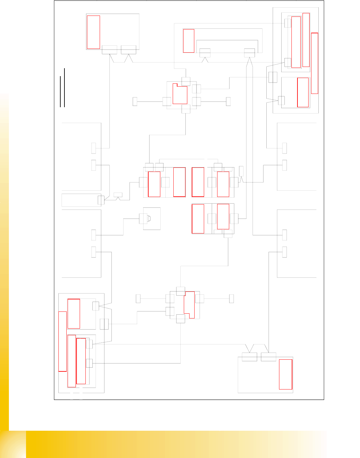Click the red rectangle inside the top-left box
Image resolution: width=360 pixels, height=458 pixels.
coord(93,32)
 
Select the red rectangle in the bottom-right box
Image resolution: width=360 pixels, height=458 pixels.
coord(285,374)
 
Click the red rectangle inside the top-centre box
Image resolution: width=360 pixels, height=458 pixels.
coord(189,41)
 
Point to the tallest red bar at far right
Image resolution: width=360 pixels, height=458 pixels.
coord(315,63)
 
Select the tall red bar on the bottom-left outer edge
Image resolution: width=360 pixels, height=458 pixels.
coord(63,341)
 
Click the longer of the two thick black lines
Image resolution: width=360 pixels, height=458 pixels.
coord(64,87)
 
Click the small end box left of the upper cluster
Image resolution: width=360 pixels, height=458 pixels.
coord(135,101)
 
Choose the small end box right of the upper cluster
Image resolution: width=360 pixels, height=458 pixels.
coord(228,101)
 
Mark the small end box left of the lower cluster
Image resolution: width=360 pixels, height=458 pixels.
coord(138,298)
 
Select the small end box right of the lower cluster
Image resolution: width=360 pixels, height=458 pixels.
coord(231,298)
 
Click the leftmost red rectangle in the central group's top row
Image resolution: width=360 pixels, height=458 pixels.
coord(154,184)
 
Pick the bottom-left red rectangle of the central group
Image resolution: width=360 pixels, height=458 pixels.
coord(198,219)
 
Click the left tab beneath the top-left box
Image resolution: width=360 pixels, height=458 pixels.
coord(110,50)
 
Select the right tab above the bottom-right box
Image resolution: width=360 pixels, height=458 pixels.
coord(268,357)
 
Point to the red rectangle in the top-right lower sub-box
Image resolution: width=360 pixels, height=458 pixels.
coord(303,92)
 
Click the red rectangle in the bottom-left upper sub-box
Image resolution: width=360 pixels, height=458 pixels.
coord(74,314)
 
